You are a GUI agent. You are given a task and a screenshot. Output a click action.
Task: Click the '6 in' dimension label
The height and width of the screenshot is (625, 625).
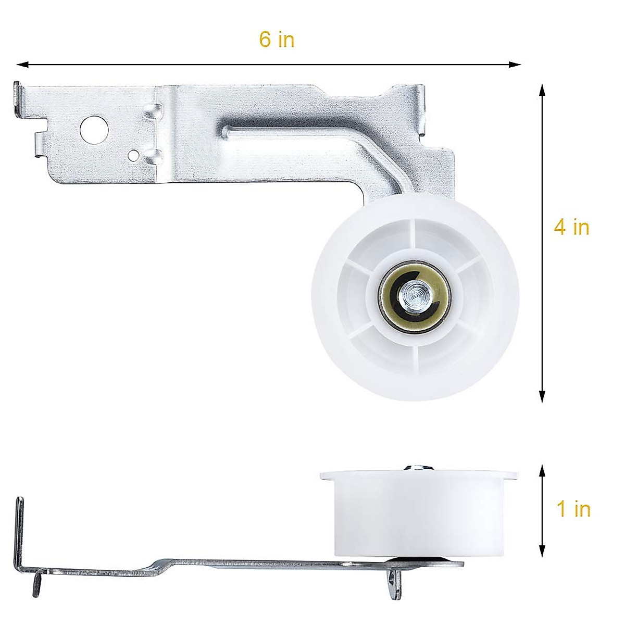[x=277, y=40]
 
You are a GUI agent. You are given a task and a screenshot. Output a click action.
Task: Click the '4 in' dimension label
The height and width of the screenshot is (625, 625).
[x=571, y=227]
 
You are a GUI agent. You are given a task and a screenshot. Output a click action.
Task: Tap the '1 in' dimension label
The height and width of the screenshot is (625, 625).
[x=573, y=509]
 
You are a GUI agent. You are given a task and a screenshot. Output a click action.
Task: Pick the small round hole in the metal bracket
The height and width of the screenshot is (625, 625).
[x=134, y=155]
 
